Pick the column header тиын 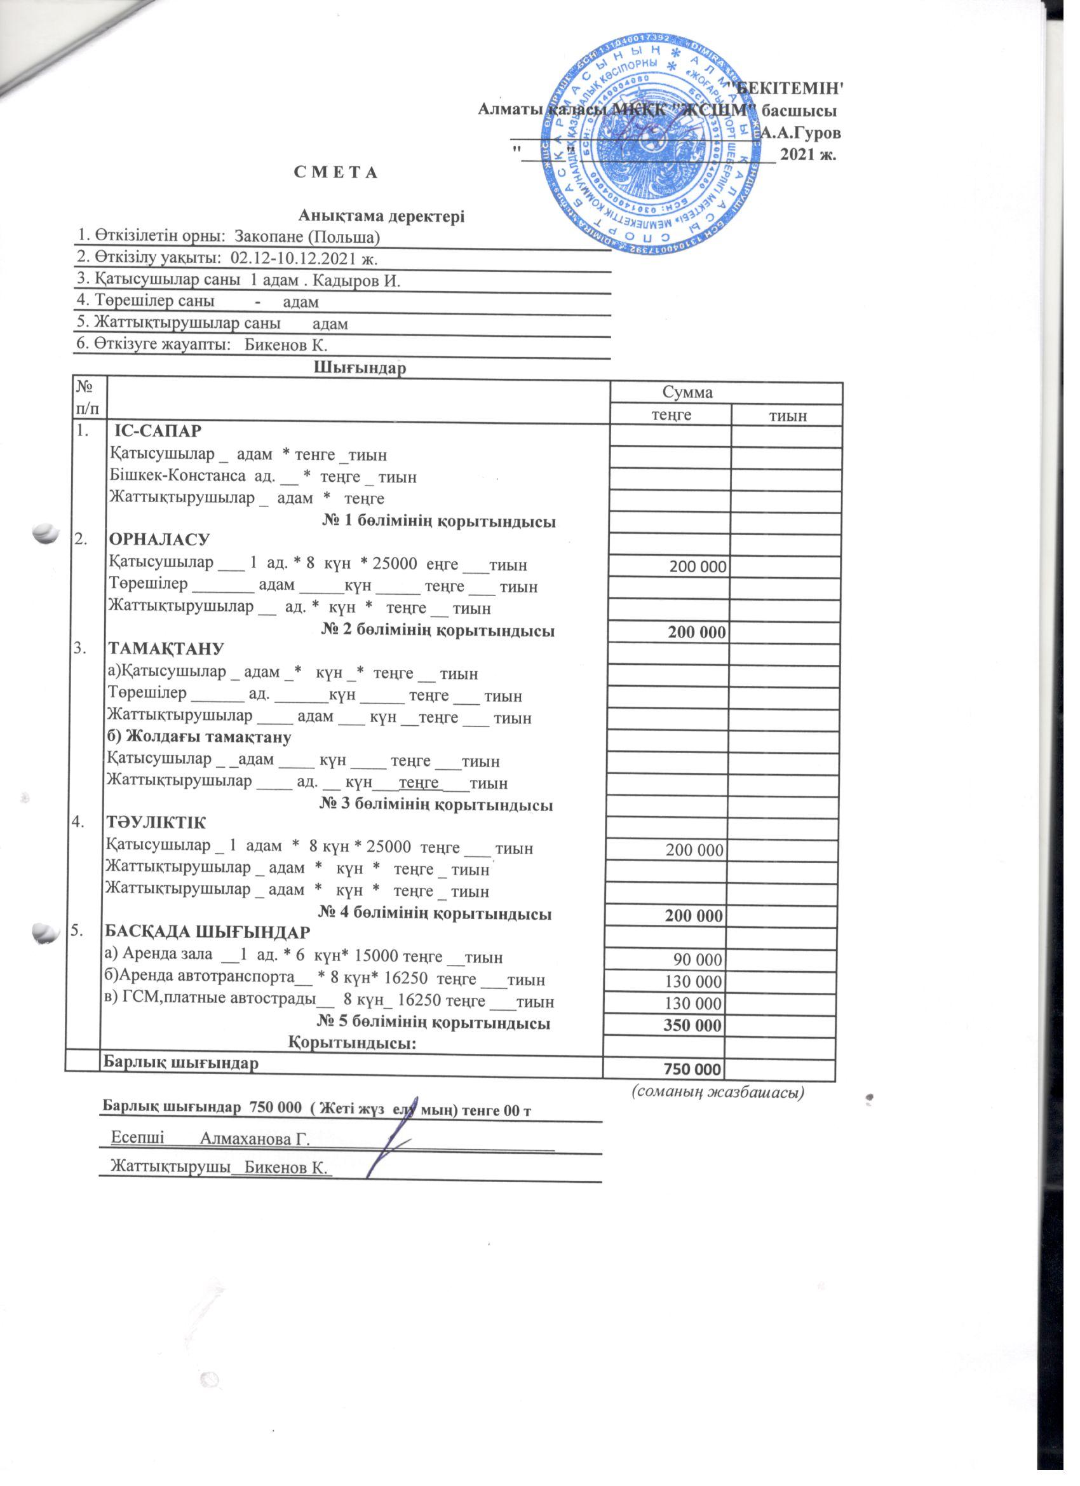(788, 416)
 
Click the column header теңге (670, 416)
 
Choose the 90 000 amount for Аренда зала (698, 959)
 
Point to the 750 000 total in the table (693, 1069)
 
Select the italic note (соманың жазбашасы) (718, 1091)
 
